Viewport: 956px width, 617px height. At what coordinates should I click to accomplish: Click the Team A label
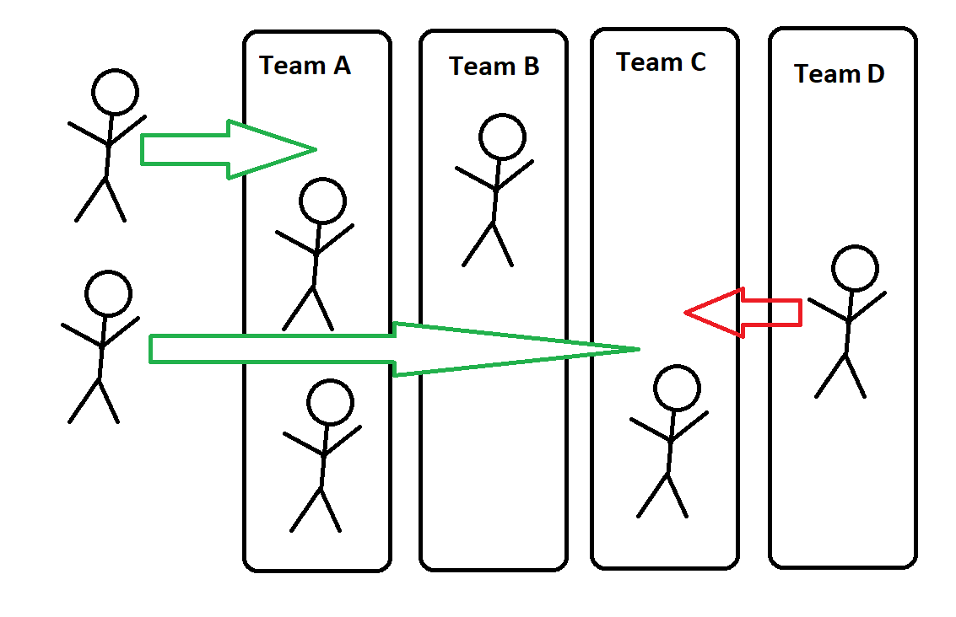tap(305, 66)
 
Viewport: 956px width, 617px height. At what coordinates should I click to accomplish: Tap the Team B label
tap(494, 67)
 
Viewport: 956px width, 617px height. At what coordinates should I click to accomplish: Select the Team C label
tap(661, 62)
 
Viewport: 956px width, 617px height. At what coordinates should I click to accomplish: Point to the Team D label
tap(839, 74)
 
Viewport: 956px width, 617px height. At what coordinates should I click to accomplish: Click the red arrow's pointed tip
tap(687, 313)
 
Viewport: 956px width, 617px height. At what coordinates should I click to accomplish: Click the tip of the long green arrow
tap(637, 348)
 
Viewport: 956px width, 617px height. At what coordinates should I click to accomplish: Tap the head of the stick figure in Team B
tap(502, 137)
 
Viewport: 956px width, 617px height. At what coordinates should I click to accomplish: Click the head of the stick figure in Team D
tap(855, 269)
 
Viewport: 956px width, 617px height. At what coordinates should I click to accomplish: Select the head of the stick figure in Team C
tap(677, 389)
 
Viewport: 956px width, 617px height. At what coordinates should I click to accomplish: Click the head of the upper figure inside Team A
tap(322, 201)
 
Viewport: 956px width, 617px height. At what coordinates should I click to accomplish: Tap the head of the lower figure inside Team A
tap(330, 402)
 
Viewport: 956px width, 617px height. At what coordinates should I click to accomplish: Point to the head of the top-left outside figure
tap(115, 92)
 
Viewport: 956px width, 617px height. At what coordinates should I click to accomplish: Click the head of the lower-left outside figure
tap(108, 293)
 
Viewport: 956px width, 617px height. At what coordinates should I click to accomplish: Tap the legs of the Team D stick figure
tap(842, 375)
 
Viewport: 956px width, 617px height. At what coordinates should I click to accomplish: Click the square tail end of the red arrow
tap(798, 312)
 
